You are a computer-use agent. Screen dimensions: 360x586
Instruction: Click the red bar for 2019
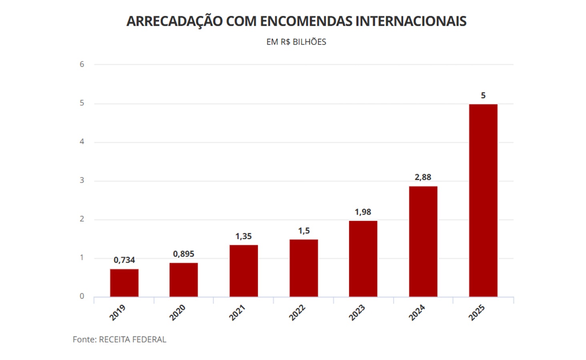click(x=124, y=283)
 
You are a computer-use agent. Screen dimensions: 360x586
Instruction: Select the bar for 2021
click(x=244, y=271)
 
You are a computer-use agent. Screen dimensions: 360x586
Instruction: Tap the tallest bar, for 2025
click(x=483, y=200)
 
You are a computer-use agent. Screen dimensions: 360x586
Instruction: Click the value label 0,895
click(x=184, y=254)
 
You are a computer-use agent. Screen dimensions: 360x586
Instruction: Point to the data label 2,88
click(x=423, y=177)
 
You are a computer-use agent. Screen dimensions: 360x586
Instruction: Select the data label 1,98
click(x=363, y=212)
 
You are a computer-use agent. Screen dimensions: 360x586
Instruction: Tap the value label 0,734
click(x=124, y=260)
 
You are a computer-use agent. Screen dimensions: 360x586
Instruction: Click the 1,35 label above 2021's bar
click(x=244, y=236)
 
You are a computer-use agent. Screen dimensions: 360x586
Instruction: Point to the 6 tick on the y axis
click(x=82, y=64)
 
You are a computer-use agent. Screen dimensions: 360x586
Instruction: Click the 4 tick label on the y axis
click(x=82, y=142)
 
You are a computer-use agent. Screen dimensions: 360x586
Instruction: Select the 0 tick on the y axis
click(x=82, y=296)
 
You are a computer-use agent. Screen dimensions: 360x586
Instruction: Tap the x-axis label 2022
click(x=297, y=312)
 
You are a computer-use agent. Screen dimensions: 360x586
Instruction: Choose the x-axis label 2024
click(x=417, y=312)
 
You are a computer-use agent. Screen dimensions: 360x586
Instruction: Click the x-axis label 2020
click(x=177, y=312)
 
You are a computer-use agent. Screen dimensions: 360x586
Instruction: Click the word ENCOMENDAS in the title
click(x=306, y=21)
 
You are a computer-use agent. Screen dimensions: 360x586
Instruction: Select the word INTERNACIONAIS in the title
click(x=411, y=21)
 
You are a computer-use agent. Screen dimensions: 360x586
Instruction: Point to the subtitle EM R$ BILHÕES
click(x=296, y=42)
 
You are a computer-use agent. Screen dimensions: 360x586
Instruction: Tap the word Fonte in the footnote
click(x=84, y=340)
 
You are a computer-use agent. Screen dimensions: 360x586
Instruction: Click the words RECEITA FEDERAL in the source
click(x=132, y=340)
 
